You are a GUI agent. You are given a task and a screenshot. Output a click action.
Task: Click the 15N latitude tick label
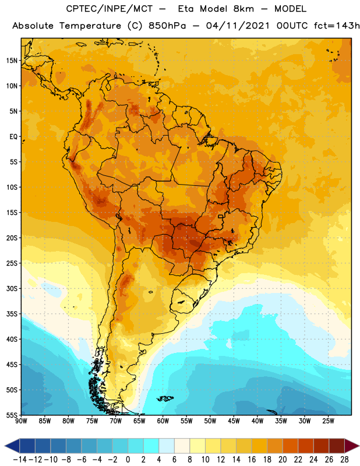tap(12, 61)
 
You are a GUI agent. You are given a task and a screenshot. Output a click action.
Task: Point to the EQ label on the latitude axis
tap(13, 137)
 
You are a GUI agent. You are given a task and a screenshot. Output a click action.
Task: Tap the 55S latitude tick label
tap(12, 415)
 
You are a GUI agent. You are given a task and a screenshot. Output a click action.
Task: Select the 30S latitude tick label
tap(12, 288)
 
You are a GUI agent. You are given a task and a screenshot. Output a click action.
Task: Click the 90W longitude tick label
tap(21, 421)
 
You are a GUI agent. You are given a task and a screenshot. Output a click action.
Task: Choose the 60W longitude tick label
tap(163, 421)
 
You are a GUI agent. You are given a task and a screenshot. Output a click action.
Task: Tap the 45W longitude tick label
tap(234, 421)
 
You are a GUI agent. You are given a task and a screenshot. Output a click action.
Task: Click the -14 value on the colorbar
tap(20, 460)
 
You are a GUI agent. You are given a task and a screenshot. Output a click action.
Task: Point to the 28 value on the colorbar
tap(344, 460)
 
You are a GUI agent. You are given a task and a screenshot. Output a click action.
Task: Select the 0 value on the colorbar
tap(128, 460)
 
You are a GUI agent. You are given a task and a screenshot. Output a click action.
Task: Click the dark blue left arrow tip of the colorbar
tap(5, 446)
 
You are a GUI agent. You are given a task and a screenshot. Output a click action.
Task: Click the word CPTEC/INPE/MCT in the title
tap(110, 9)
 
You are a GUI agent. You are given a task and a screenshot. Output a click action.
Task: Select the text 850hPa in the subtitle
tap(167, 26)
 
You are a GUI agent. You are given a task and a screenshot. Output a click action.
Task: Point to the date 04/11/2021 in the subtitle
tap(238, 26)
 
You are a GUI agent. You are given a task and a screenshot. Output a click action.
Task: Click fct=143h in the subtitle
tap(337, 26)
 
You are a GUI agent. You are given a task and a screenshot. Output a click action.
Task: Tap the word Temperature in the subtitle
tap(90, 26)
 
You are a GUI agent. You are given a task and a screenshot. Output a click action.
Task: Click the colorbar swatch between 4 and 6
tap(167, 446)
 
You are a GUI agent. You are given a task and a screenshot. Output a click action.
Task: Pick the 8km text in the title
tap(243, 9)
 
